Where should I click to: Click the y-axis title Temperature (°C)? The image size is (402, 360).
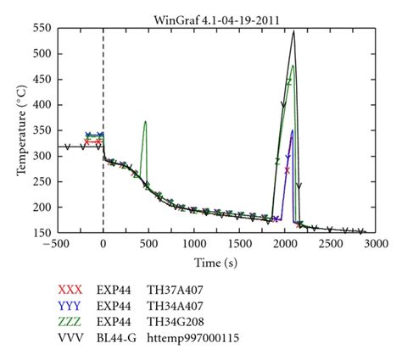pyautogui.click(x=20, y=130)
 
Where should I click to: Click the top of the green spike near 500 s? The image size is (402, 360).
pyautogui.click(x=146, y=121)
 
